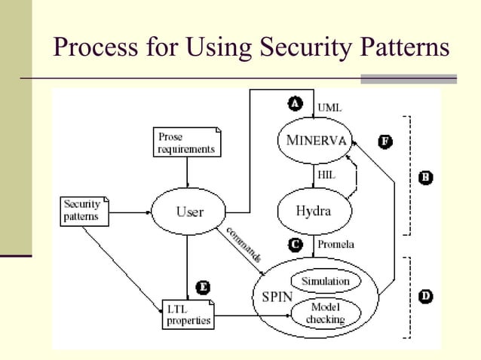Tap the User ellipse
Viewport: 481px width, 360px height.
189,212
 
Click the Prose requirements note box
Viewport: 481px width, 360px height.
186,143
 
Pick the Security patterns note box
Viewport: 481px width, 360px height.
84,211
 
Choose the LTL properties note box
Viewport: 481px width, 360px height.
188,314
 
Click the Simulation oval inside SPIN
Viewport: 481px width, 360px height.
325,282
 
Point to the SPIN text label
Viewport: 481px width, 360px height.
277,297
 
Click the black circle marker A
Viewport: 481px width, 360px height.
296,104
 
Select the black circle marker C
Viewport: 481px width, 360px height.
296,244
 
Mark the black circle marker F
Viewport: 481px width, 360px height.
384,142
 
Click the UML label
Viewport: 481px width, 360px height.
329,108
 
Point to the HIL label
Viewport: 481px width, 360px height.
327,175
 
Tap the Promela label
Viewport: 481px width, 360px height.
337,245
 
